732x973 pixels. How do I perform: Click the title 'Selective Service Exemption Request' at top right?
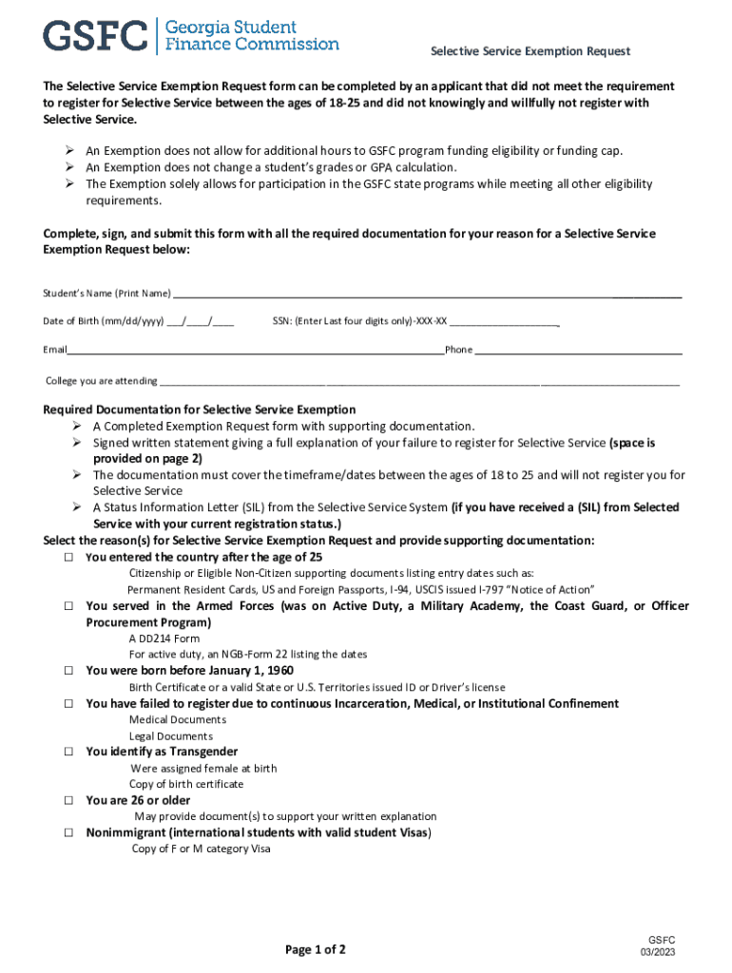pos(530,51)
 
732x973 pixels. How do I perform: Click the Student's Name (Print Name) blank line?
pos(427,296)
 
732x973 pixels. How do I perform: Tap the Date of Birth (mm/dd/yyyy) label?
pos(104,321)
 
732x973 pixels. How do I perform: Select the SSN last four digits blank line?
pos(504,324)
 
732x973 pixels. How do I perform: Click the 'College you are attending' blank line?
pos(419,384)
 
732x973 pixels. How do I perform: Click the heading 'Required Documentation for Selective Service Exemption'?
pos(200,410)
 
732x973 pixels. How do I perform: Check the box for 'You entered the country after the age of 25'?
pos(69,558)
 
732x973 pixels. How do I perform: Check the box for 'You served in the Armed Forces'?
pos(69,606)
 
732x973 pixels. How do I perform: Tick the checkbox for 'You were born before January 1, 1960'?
pos(69,671)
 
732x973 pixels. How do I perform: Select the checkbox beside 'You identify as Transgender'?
pos(69,752)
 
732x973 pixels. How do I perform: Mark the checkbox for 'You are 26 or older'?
pos(69,801)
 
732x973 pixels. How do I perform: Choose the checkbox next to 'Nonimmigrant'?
pos(69,833)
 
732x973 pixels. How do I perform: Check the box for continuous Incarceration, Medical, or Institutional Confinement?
pos(69,704)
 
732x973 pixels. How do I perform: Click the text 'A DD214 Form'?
pos(164,639)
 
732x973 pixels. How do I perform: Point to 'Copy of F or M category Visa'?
pos(201,849)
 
